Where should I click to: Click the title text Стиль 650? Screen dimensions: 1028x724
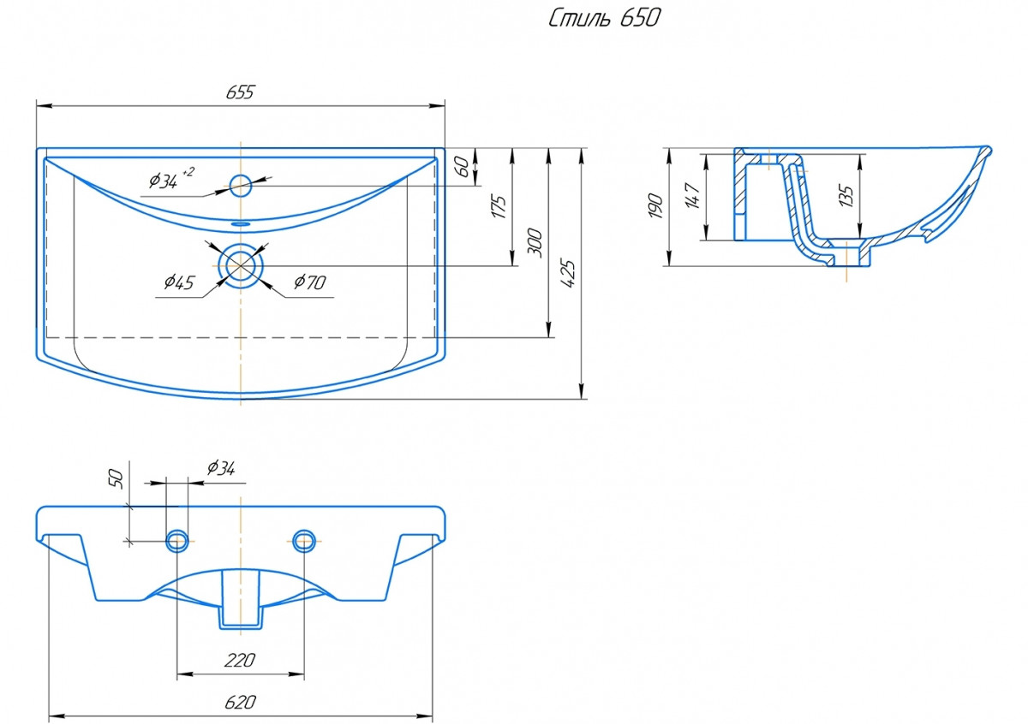pyautogui.click(x=605, y=19)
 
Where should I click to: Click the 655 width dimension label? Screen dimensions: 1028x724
pyautogui.click(x=240, y=92)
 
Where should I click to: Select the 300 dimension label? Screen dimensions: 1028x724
pyautogui.click(x=535, y=242)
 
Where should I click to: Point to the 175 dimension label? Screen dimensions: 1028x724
pyautogui.click(x=499, y=207)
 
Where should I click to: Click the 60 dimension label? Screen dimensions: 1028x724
pyautogui.click(x=463, y=167)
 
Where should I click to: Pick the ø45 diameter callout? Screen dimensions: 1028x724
pyautogui.click(x=179, y=282)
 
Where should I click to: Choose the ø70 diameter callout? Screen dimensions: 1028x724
pyautogui.click(x=310, y=282)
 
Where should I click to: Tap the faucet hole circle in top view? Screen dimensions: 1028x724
pyautogui.click(x=241, y=186)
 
